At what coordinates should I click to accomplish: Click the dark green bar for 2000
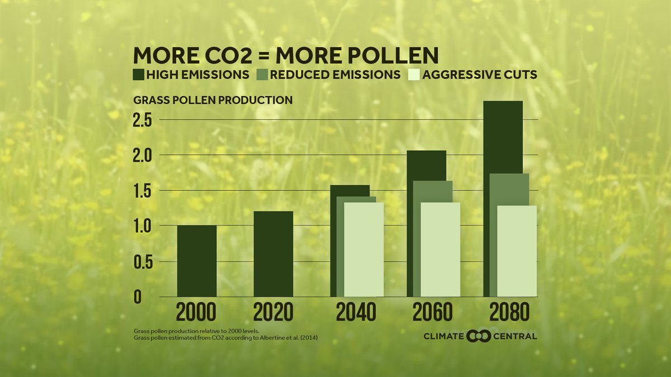pyautogui.click(x=196, y=261)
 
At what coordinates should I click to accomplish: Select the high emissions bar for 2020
pyautogui.click(x=273, y=254)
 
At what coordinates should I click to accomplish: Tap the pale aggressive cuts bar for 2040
pyautogui.click(x=363, y=250)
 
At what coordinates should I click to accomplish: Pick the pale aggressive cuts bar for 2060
pyautogui.click(x=440, y=250)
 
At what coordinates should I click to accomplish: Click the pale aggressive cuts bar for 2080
pyautogui.click(x=517, y=251)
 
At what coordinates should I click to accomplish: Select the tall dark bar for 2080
pyautogui.click(x=503, y=137)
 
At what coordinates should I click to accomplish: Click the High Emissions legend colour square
pyautogui.click(x=139, y=74)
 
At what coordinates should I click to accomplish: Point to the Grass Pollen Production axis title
pyautogui.click(x=212, y=101)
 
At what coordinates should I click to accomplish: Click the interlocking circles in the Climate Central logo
pyautogui.click(x=478, y=336)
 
